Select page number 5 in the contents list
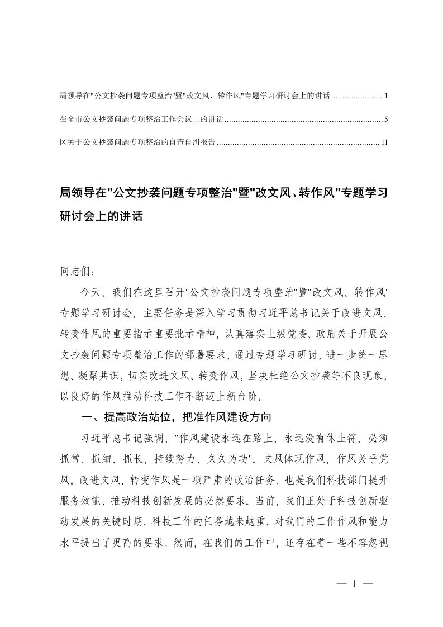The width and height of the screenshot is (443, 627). [386, 120]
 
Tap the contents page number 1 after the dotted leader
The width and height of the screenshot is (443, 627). [386, 96]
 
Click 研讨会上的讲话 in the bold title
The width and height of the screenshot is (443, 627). [101, 216]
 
